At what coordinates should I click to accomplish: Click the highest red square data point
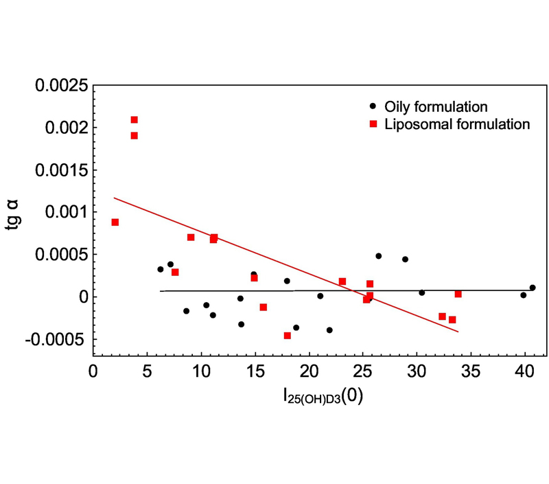[135, 120]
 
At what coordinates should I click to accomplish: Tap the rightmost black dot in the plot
[533, 288]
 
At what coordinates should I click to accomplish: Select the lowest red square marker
[288, 336]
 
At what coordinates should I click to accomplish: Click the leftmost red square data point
[115, 222]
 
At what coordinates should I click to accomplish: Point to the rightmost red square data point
[458, 294]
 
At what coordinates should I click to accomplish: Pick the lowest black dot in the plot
[329, 330]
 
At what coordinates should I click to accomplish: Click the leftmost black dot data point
[161, 269]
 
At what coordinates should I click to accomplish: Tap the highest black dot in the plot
[378, 256]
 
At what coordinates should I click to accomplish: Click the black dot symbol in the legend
[373, 106]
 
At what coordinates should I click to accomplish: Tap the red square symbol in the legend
[373, 124]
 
